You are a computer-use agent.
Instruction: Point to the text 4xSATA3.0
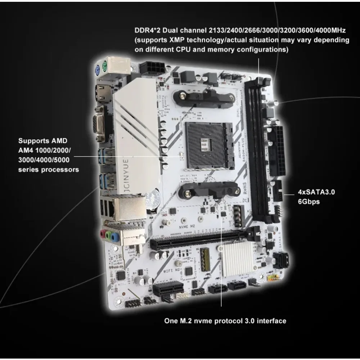tap(316, 192)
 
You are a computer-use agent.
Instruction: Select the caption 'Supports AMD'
tap(42, 141)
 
